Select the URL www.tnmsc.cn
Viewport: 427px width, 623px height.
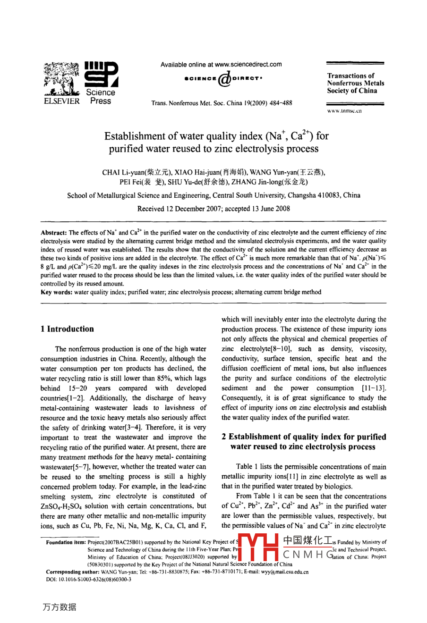344,111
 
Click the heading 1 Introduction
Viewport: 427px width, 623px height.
68,329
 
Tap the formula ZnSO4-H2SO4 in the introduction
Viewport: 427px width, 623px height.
64,506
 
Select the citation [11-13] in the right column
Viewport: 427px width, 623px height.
376,388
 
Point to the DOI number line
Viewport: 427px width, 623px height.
88,579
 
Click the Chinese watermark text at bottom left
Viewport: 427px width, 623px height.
60,607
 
